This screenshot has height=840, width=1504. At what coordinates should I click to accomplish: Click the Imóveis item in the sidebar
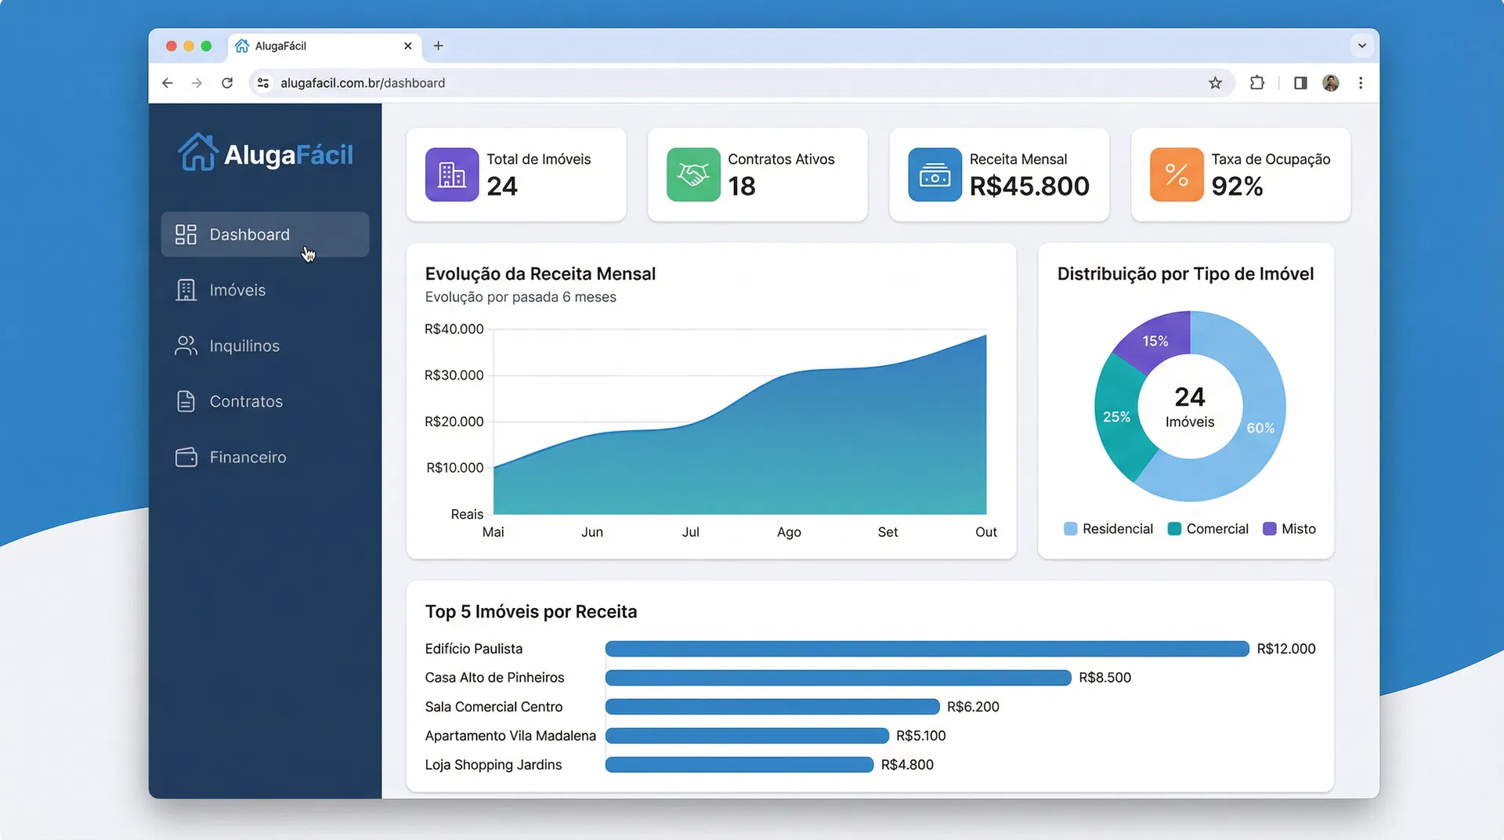[x=237, y=290]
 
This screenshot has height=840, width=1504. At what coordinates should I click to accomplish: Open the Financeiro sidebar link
[x=248, y=457]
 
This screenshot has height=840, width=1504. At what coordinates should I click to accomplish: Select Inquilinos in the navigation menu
[x=244, y=346]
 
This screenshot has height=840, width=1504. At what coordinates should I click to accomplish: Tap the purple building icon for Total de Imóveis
[x=452, y=175]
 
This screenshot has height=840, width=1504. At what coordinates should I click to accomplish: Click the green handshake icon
[x=693, y=175]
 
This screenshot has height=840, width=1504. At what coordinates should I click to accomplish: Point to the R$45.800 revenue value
[x=1029, y=186]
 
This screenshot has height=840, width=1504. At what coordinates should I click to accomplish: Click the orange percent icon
[x=1176, y=175]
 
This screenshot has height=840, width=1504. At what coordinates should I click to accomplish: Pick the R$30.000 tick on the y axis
[x=454, y=375]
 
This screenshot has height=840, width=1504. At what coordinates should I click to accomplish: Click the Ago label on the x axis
[x=789, y=532]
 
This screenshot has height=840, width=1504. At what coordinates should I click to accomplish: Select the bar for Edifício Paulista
[x=927, y=649]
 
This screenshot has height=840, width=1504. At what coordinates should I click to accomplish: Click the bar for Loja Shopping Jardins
[x=739, y=765]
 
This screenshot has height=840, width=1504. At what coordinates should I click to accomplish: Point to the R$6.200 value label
[x=973, y=707]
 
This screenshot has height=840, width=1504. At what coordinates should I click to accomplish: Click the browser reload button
[x=227, y=83]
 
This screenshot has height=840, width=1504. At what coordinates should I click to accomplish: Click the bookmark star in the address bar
[x=1215, y=83]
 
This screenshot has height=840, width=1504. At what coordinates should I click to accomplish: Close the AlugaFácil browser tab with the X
[x=407, y=46]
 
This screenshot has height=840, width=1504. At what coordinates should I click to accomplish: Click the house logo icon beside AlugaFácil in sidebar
[x=197, y=152]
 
